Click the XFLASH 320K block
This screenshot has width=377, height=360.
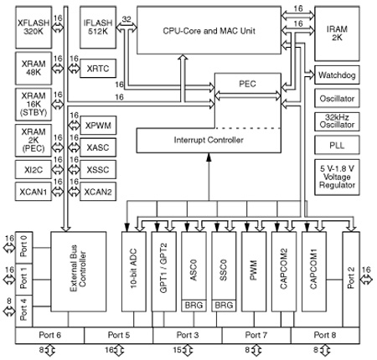pyautogui.click(x=34, y=28)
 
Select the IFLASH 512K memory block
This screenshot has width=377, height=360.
pyautogui.click(x=98, y=28)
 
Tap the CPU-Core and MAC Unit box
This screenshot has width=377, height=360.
pyautogui.click(x=209, y=30)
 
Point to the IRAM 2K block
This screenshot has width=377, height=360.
pyautogui.click(x=337, y=33)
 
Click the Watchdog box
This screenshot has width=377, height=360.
pyautogui.click(x=337, y=75)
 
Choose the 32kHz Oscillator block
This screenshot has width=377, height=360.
pyautogui.click(x=337, y=121)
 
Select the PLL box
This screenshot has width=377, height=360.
pyautogui.click(x=337, y=145)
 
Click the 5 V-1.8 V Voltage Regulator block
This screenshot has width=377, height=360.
pyautogui.click(x=337, y=177)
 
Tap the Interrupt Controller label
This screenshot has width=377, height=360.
pyautogui.click(x=209, y=140)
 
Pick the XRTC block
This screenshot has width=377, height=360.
pyautogui.click(x=98, y=69)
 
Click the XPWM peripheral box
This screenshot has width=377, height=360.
pyautogui.click(x=98, y=126)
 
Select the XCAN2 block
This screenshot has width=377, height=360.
pyautogui.click(x=98, y=192)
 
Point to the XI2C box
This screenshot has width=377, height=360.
pyautogui.click(x=34, y=170)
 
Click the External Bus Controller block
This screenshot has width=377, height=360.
pyautogui.click(x=79, y=271)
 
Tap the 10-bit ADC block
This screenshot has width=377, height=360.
pyautogui.click(x=134, y=271)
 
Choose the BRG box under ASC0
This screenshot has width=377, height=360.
pyautogui.click(x=194, y=306)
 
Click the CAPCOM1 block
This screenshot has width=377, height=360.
pyautogui.click(x=314, y=271)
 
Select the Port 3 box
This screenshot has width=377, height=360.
pyautogui.click(x=188, y=335)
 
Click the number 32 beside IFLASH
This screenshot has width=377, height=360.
pyautogui.click(x=127, y=19)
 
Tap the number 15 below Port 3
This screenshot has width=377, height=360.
pyautogui.click(x=177, y=350)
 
